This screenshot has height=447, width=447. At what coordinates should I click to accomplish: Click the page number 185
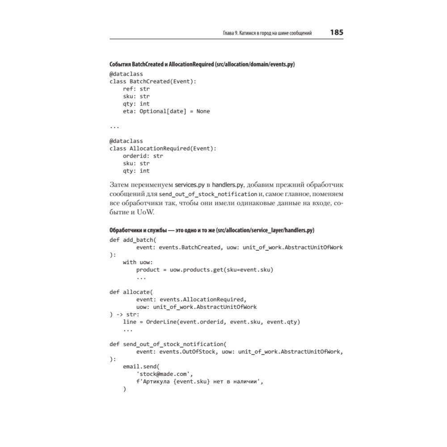click(336, 33)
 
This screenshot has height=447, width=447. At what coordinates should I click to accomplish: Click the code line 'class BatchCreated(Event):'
click(153, 81)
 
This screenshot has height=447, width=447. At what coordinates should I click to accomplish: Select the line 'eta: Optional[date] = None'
click(166, 111)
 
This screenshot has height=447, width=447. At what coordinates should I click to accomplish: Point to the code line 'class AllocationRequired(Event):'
click(163, 148)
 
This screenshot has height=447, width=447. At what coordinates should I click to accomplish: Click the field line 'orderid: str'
click(143, 156)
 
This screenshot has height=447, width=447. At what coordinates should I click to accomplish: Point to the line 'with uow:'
click(138, 262)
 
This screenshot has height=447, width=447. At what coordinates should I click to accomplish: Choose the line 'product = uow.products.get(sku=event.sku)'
click(204, 270)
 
